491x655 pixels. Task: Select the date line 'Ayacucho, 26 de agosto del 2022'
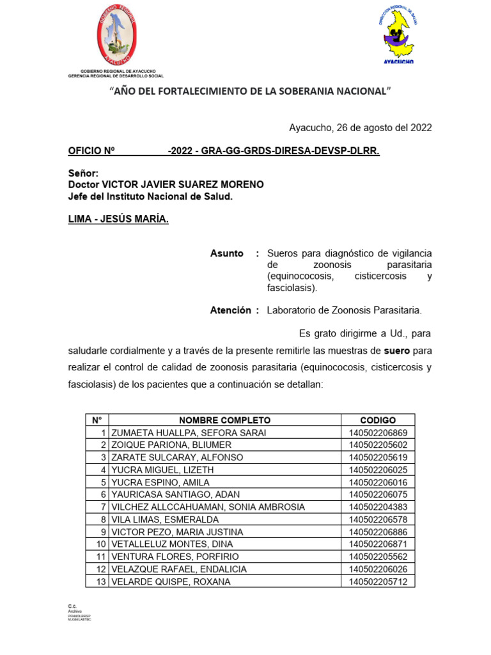point(360,127)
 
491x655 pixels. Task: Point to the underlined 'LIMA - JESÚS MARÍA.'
point(118,220)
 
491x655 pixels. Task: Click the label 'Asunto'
point(227,253)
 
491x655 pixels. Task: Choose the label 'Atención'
point(231,310)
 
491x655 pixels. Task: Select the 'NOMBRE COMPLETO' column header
point(224,420)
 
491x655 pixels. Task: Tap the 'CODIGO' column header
point(378,420)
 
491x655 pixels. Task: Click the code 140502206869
point(378,433)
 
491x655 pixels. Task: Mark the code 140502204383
point(378,507)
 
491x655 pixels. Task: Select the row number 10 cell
point(100,544)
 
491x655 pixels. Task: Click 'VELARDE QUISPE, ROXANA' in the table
point(171,581)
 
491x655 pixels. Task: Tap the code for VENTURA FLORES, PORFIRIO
point(378,556)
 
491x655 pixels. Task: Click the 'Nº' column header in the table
point(97,420)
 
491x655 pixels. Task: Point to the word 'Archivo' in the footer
point(75,612)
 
